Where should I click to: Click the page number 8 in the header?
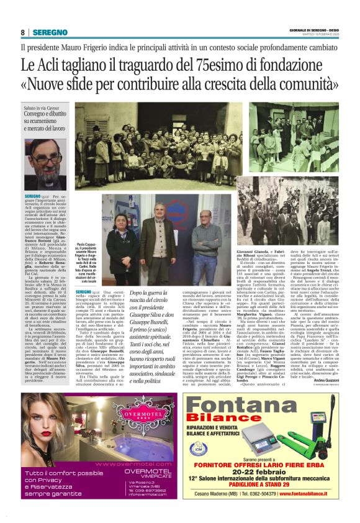click(23, 32)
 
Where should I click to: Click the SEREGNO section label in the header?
click(50, 32)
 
